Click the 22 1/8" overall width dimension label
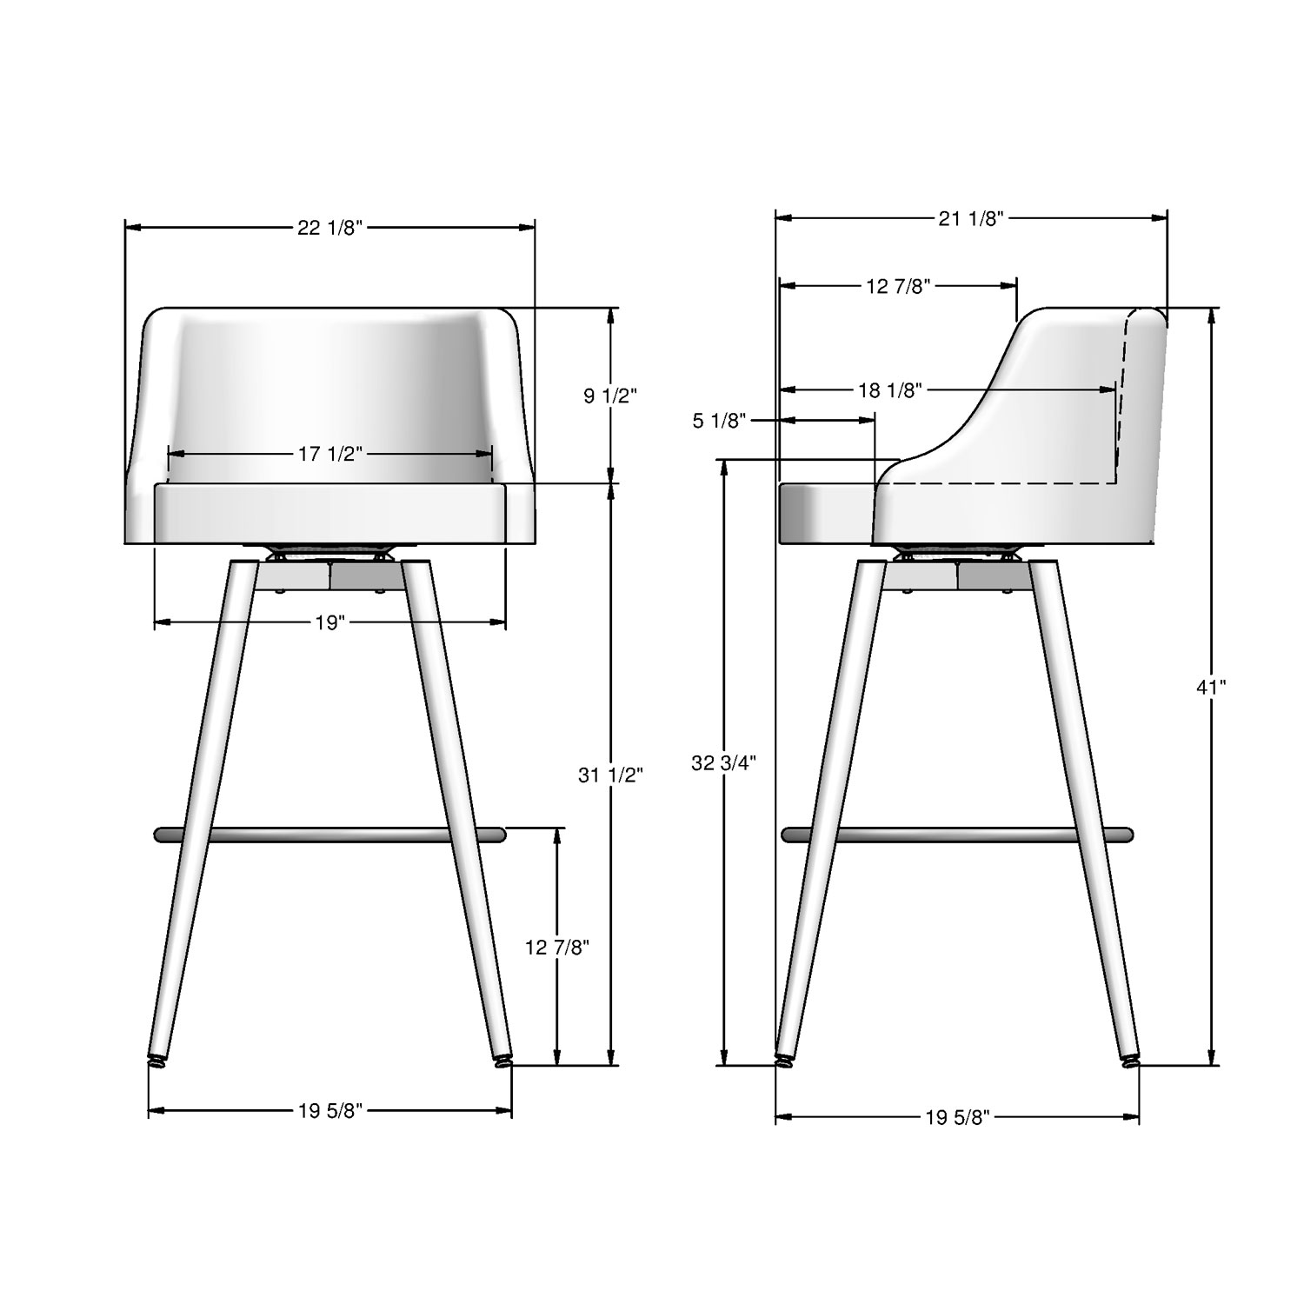pyautogui.click(x=329, y=228)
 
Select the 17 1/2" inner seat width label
pyautogui.click(x=329, y=454)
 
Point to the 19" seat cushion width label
pyautogui.click(x=329, y=623)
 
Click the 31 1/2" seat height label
pyautogui.click(x=610, y=775)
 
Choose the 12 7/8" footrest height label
pyautogui.click(x=557, y=948)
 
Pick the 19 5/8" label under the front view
pyautogui.click(x=329, y=1110)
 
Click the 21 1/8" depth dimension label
pyautogui.click(x=971, y=219)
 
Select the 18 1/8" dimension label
pyautogui.click(x=889, y=390)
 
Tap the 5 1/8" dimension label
pyautogui.click(x=720, y=422)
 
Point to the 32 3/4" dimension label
pyautogui.click(x=723, y=763)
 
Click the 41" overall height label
pyautogui.click(x=1211, y=688)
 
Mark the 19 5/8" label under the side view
pyautogui.click(x=958, y=1118)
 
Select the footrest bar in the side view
pyautogui.click(x=956, y=835)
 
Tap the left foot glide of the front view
pyautogui.click(x=156, y=1060)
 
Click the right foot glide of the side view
pyautogui.click(x=1129, y=1060)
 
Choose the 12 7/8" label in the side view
pyautogui.click(x=898, y=286)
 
